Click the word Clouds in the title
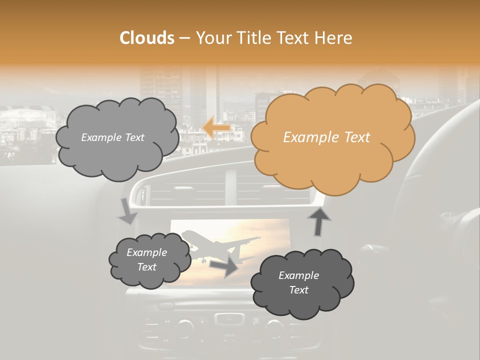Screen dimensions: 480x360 point(147,38)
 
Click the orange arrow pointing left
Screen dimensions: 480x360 point(216,127)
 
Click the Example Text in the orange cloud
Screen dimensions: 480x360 point(326,137)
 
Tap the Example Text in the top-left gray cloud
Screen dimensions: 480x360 point(112,137)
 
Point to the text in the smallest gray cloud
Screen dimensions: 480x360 point(146,259)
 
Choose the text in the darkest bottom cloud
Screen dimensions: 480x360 point(298,282)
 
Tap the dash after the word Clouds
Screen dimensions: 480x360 point(184,38)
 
